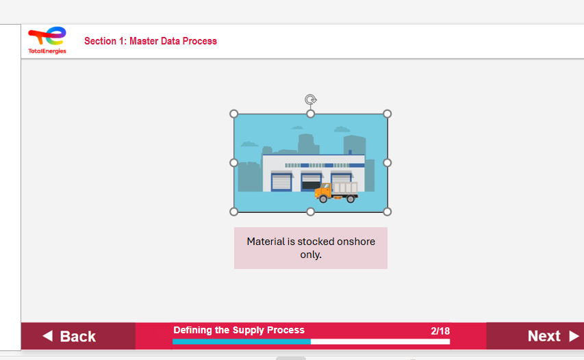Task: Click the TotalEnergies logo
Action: pyautogui.click(x=47, y=40)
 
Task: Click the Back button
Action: pyautogui.click(x=78, y=336)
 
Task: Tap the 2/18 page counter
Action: pyautogui.click(x=440, y=331)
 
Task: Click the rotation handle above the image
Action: pyautogui.click(x=310, y=99)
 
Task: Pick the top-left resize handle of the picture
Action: pyautogui.click(x=233, y=114)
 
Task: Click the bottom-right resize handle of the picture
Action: pyautogui.click(x=387, y=212)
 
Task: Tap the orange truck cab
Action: pyautogui.click(x=323, y=191)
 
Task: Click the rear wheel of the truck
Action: pyautogui.click(x=351, y=198)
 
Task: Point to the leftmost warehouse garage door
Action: pyautogui.click(x=281, y=182)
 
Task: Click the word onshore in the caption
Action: pyautogui.click(x=356, y=242)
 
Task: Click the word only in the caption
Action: pyautogui.click(x=310, y=255)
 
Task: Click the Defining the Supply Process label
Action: pyautogui.click(x=239, y=330)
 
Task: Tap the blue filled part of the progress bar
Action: pyautogui.click(x=242, y=342)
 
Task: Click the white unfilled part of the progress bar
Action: pyautogui.click(x=380, y=342)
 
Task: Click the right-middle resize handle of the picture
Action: pyautogui.click(x=387, y=163)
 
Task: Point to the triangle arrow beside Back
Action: pyautogui.click(x=48, y=336)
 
